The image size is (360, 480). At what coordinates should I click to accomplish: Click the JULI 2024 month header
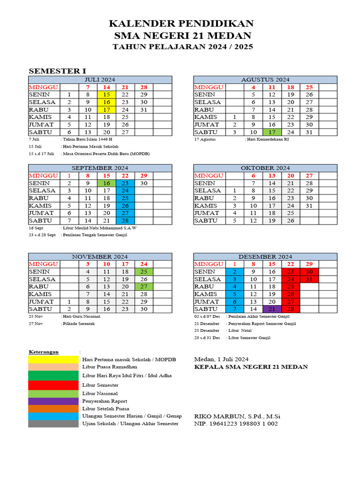pos(99,80)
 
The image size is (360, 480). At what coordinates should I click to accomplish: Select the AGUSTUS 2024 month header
pos(265,80)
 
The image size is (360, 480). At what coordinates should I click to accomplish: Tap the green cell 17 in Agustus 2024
pos(272,132)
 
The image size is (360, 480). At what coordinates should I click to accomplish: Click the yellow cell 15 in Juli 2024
pos(106,95)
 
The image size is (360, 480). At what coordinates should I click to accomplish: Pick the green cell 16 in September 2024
pos(106,183)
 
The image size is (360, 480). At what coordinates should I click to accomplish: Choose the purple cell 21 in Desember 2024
pos(272,309)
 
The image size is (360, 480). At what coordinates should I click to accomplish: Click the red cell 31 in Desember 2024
pos(308,279)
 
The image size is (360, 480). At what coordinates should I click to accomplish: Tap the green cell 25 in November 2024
pos(143,271)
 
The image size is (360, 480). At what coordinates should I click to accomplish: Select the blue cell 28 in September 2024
pos(125,220)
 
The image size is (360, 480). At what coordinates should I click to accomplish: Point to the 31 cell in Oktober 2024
pos(308,206)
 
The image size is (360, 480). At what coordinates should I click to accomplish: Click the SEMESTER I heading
pos(58,71)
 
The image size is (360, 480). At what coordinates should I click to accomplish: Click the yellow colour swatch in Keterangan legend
pos(53,359)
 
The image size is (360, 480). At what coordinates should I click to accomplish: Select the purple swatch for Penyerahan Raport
pos(53,401)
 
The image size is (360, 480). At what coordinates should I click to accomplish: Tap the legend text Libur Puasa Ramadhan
pos(109,367)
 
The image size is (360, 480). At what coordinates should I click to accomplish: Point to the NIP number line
pos(236,424)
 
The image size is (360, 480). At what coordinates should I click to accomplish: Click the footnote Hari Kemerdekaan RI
pos(267,139)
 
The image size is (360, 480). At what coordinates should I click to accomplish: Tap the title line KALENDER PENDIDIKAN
pos(181,23)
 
